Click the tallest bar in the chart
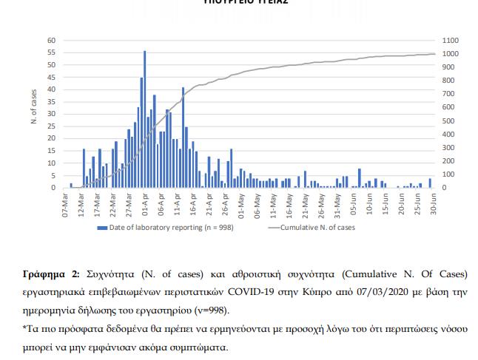point(144,118)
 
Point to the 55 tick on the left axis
point(52,52)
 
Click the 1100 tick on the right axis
point(450,40)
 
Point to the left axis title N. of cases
point(34,106)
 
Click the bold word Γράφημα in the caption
point(47,274)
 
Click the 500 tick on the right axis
point(448,120)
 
